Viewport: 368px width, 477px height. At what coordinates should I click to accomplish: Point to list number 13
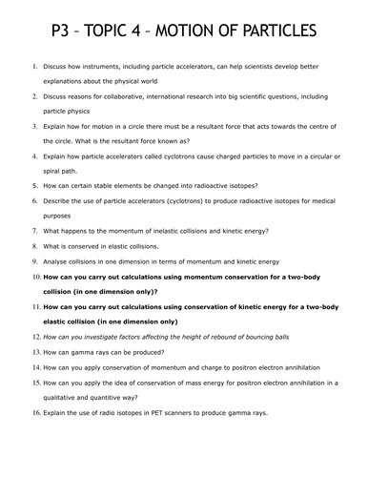[35, 352]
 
